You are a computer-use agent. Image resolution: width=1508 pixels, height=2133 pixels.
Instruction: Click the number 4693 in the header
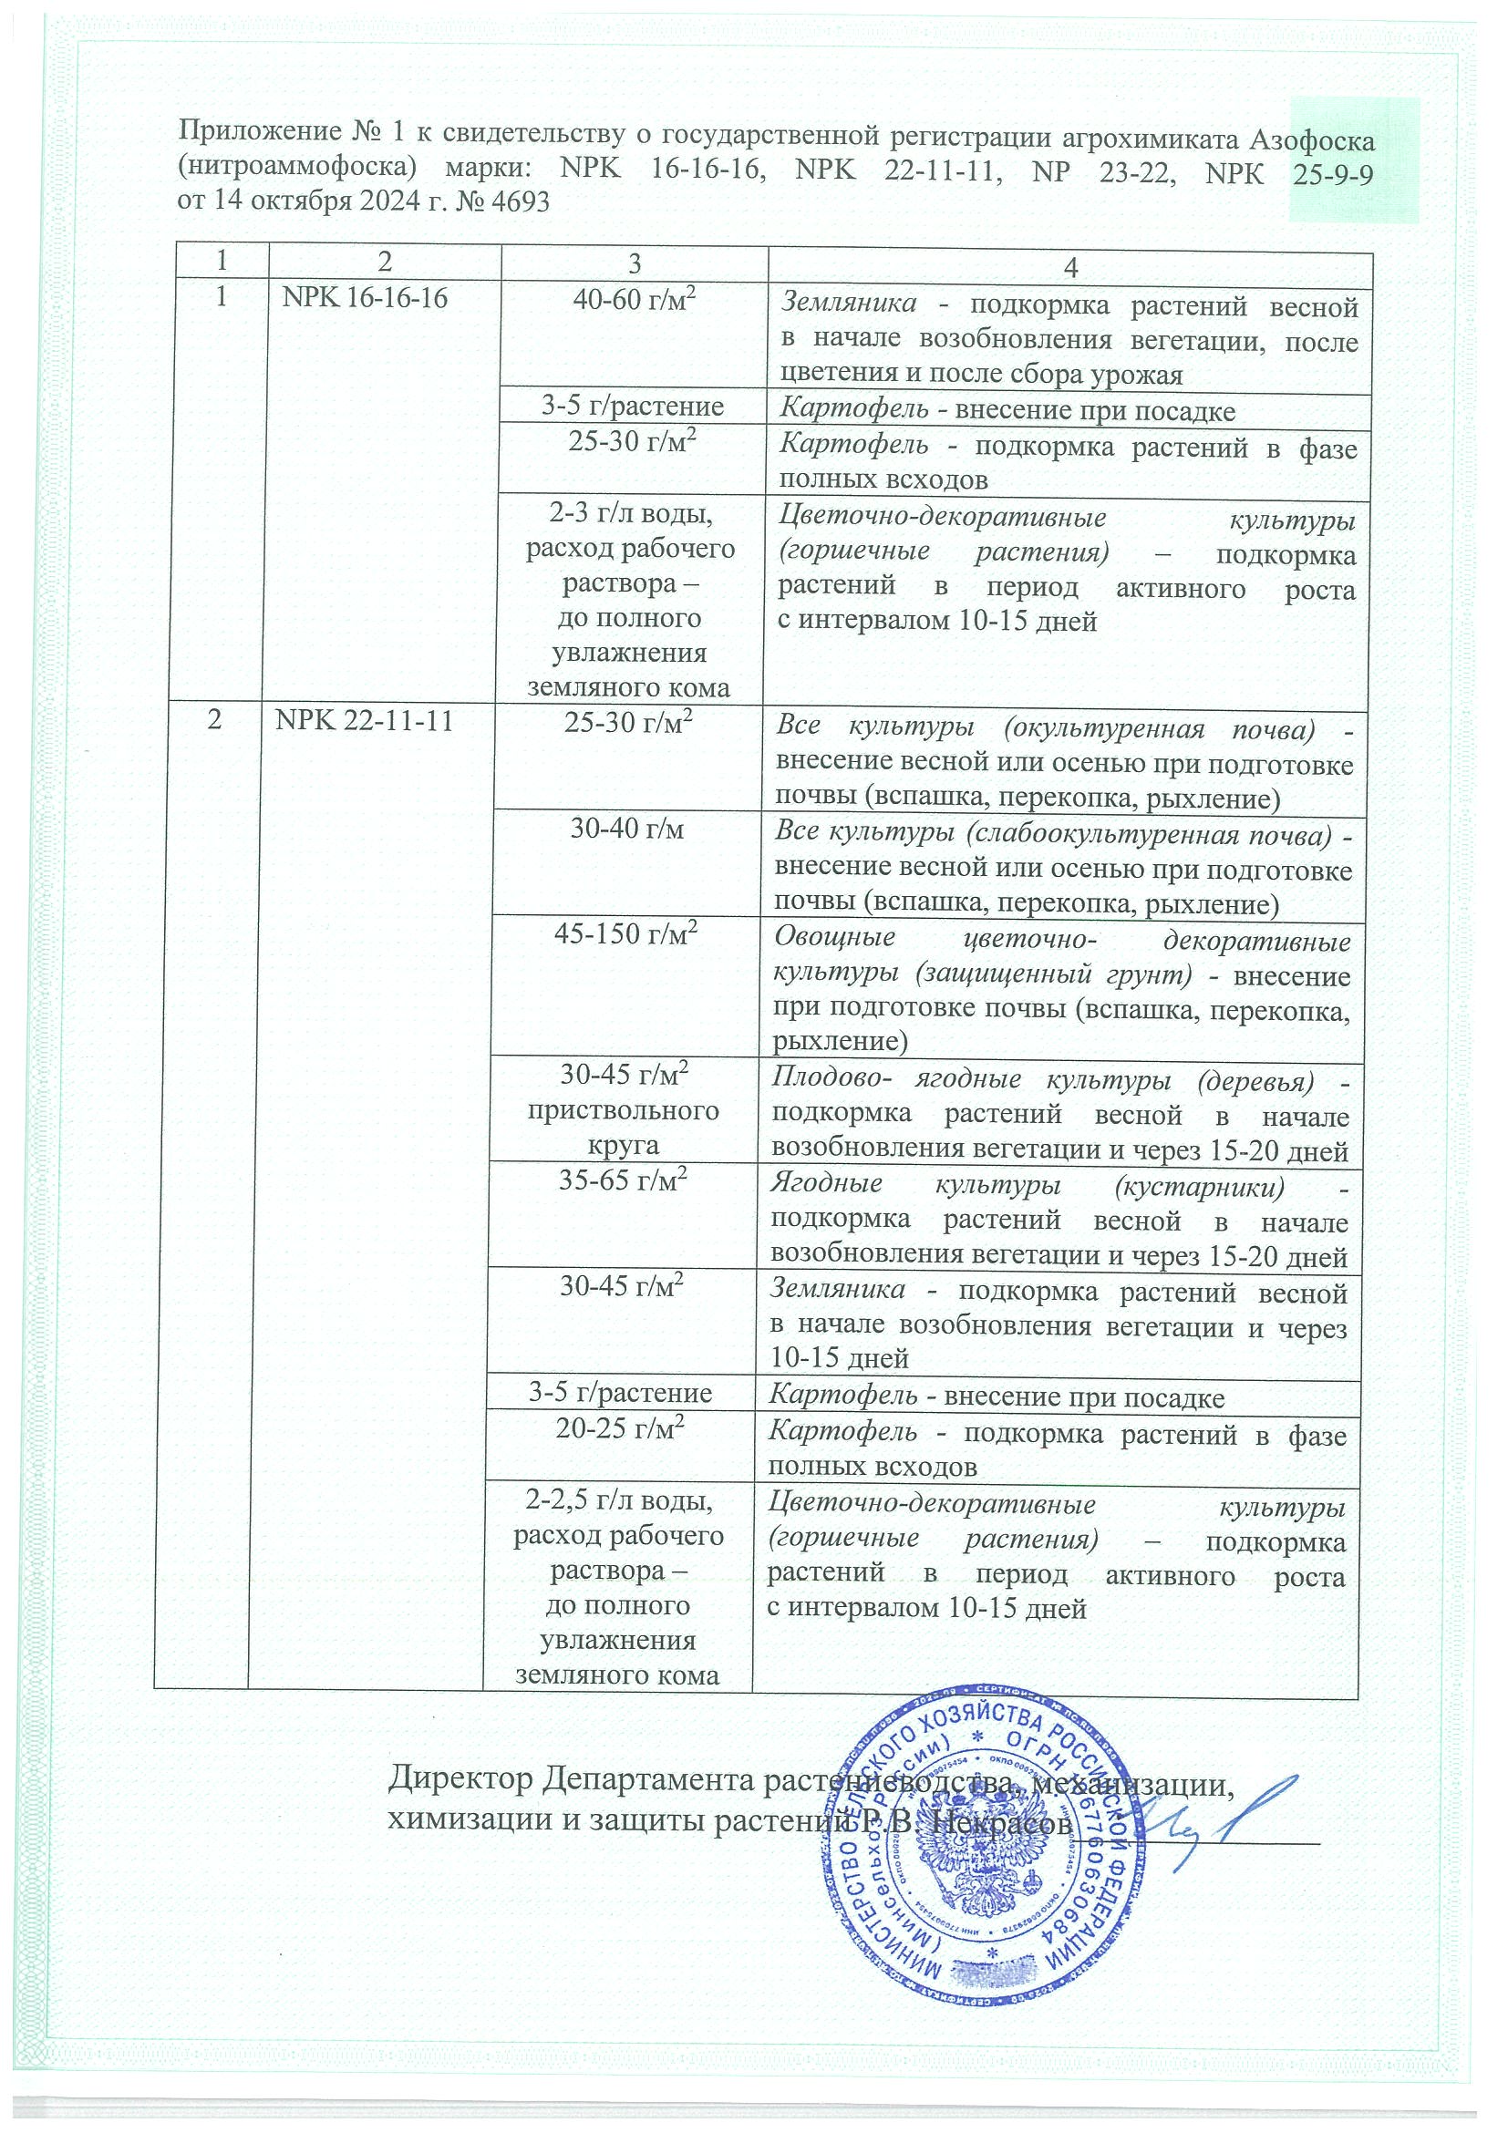tap(517, 201)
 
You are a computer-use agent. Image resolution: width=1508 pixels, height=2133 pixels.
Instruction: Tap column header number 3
tap(634, 263)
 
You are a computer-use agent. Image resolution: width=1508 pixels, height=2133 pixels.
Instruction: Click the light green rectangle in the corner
tap(1354, 160)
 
